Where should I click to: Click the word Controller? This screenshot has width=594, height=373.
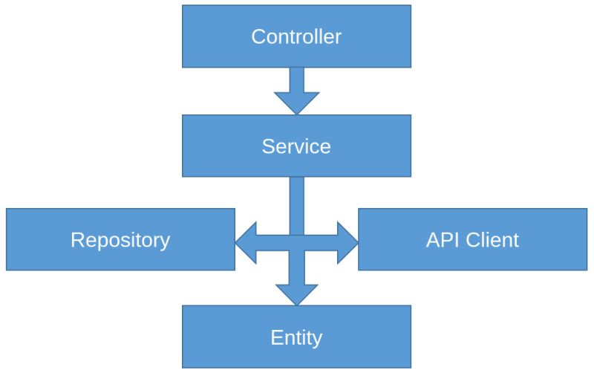[296, 36]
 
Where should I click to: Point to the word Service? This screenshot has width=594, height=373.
[296, 146]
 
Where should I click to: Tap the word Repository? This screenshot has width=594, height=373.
[120, 240]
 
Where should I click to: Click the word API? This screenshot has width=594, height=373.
[441, 240]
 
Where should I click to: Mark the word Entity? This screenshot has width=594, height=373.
[296, 338]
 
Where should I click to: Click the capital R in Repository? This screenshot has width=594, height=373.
[77, 240]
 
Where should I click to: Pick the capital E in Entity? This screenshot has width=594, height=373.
[276, 338]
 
